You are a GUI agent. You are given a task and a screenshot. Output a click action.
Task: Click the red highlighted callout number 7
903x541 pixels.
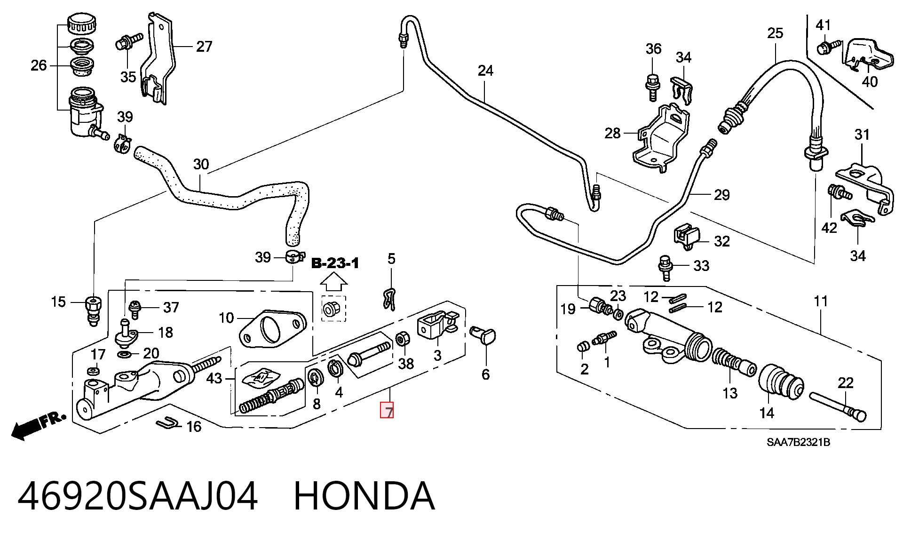[387, 411]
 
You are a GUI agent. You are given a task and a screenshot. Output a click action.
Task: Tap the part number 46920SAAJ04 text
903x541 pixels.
[138, 496]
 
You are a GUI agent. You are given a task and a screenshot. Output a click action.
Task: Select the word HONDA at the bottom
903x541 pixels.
[364, 496]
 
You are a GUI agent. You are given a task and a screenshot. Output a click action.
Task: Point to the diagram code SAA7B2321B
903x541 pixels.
[798, 443]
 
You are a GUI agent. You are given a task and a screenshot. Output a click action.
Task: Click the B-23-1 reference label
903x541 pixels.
[335, 263]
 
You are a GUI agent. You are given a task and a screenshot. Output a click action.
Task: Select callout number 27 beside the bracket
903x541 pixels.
[204, 46]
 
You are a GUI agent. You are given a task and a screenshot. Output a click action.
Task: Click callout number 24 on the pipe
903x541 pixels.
[485, 71]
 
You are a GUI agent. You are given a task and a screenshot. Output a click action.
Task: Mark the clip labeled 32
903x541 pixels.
[687, 237]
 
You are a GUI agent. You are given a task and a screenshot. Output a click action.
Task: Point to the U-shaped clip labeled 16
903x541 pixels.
[168, 424]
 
